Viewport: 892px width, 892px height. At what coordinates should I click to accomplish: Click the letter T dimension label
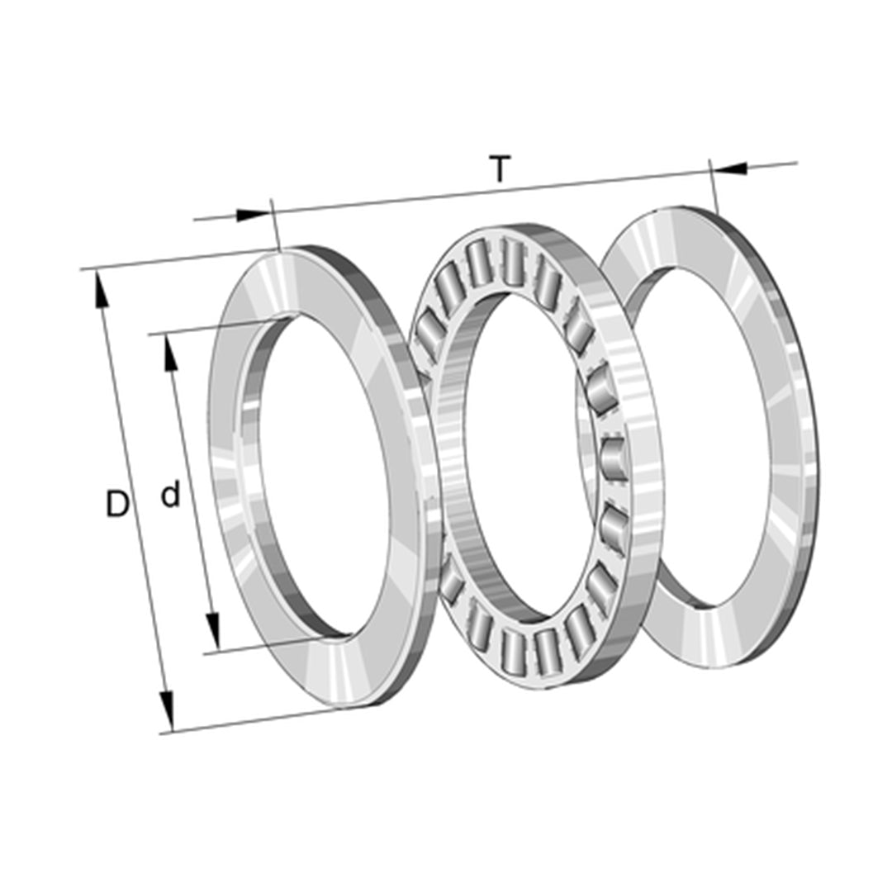coord(499,169)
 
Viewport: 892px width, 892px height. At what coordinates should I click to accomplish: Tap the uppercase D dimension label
coord(118,504)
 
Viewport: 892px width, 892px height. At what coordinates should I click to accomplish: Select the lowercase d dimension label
coord(170,496)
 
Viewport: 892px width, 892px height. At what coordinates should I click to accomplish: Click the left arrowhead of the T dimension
coord(253,216)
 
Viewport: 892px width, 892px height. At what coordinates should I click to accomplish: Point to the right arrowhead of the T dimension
coord(730,169)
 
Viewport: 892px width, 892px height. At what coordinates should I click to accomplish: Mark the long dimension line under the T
coord(496,192)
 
